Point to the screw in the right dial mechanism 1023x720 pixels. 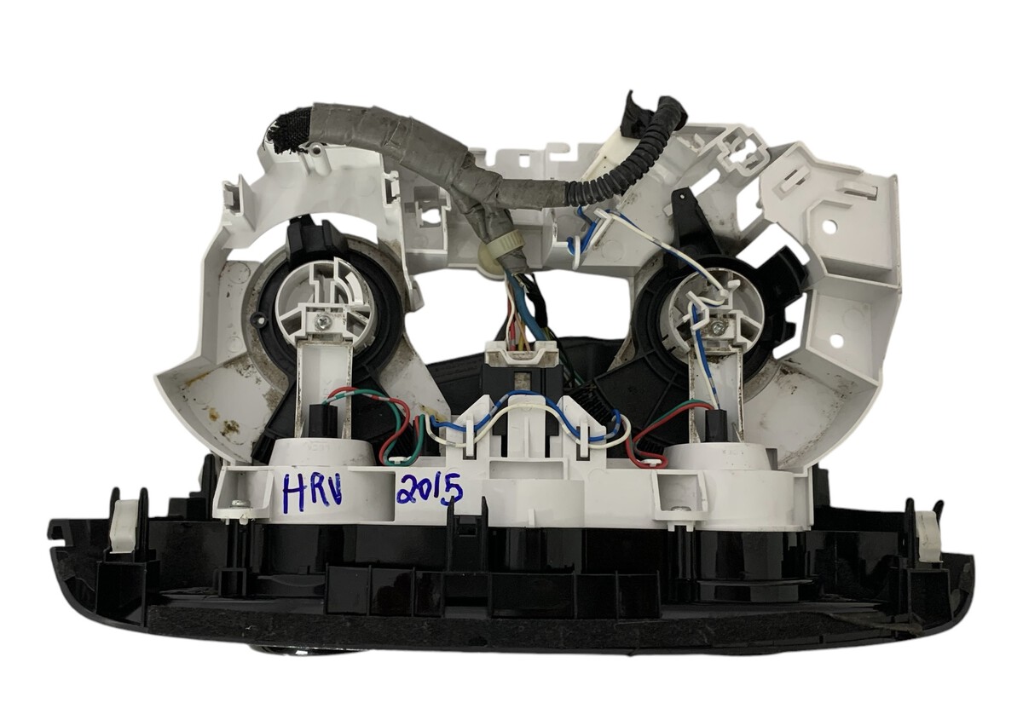[x=715, y=325]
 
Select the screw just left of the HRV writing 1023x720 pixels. [x=238, y=503]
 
